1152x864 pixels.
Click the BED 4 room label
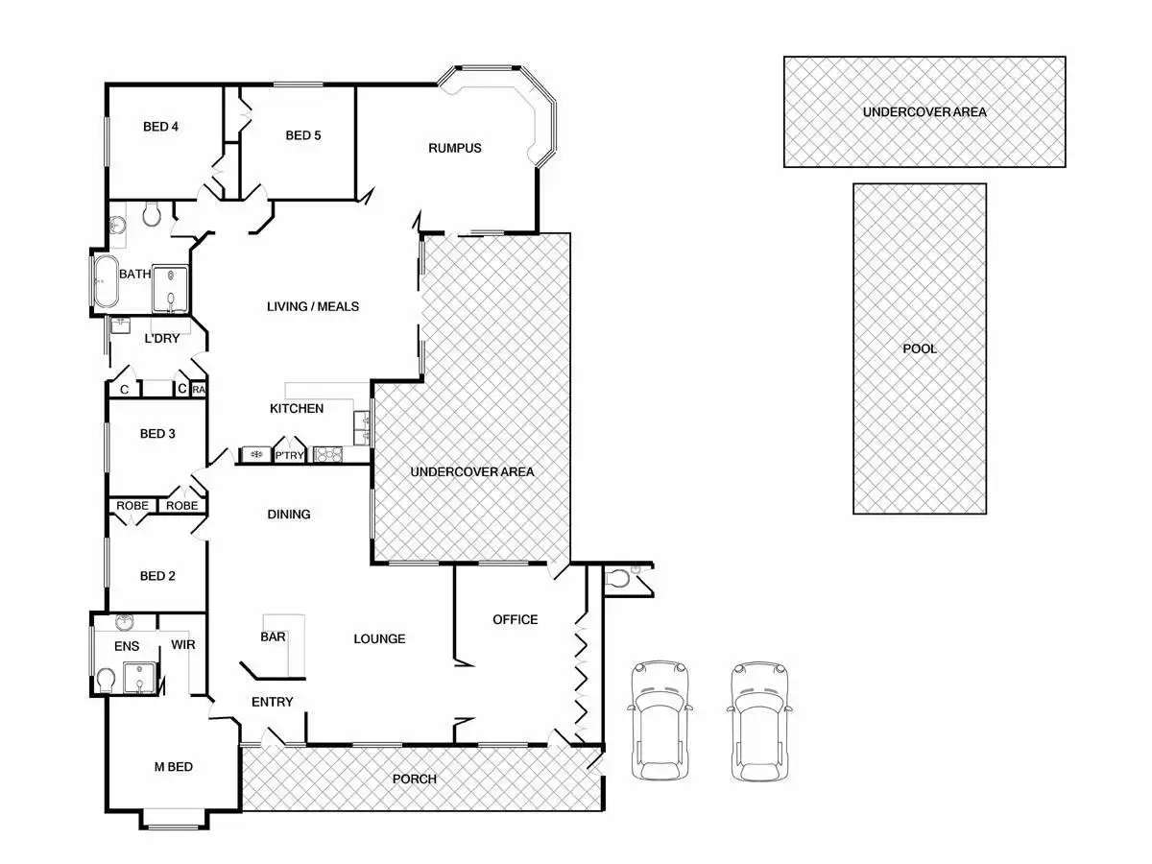click(161, 127)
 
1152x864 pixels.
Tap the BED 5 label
click(303, 135)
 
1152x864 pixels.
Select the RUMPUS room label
click(455, 148)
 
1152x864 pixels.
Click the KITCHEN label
click(297, 409)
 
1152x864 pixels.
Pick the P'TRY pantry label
click(290, 456)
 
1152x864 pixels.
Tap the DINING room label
click(289, 515)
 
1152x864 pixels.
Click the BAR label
click(273, 636)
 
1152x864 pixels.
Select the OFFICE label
click(516, 619)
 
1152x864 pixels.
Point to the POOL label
click(920, 348)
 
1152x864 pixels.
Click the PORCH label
click(415, 779)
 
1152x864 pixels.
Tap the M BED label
click(174, 766)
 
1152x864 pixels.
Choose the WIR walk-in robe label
click(183, 645)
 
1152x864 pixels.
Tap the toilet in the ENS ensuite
click(106, 681)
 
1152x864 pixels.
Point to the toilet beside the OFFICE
click(621, 578)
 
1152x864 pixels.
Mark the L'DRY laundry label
click(162, 339)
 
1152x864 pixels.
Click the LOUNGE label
click(379, 639)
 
